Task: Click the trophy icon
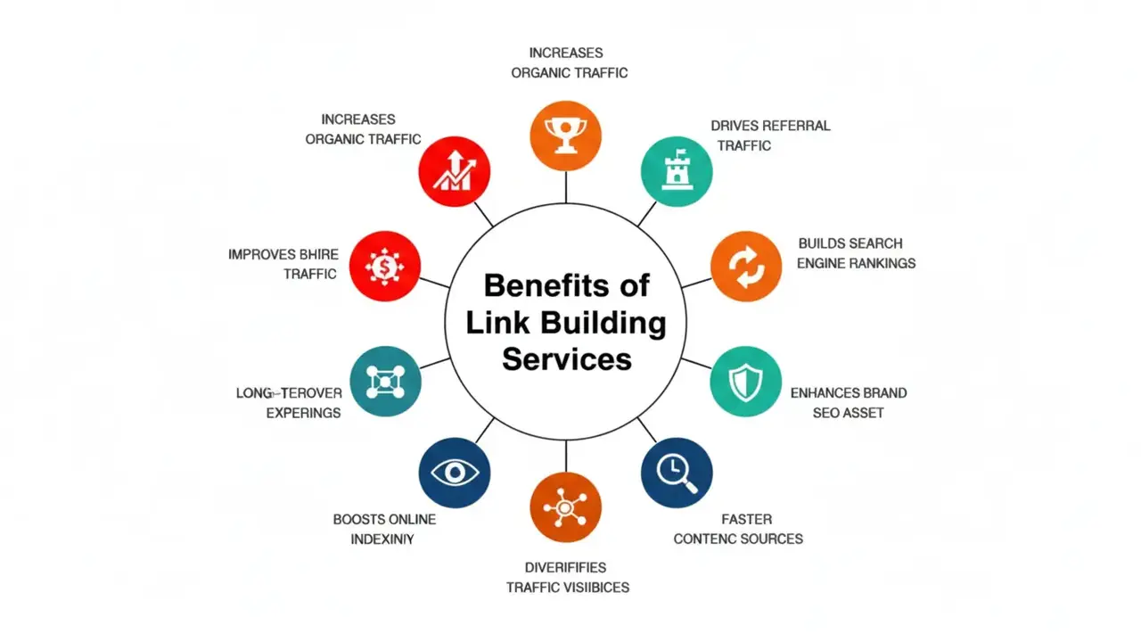point(566,136)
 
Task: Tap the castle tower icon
point(677,171)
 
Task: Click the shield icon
point(745,383)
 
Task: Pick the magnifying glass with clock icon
point(677,473)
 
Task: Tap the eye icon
point(455,473)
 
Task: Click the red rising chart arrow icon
point(455,171)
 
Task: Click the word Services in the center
point(566,359)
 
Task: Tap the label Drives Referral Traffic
point(769,135)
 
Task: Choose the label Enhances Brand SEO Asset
point(848,402)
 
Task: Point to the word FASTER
point(747,519)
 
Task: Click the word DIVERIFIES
point(566,567)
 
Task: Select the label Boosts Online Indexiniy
point(384,529)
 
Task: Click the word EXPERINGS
point(303,413)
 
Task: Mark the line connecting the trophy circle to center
point(566,187)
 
